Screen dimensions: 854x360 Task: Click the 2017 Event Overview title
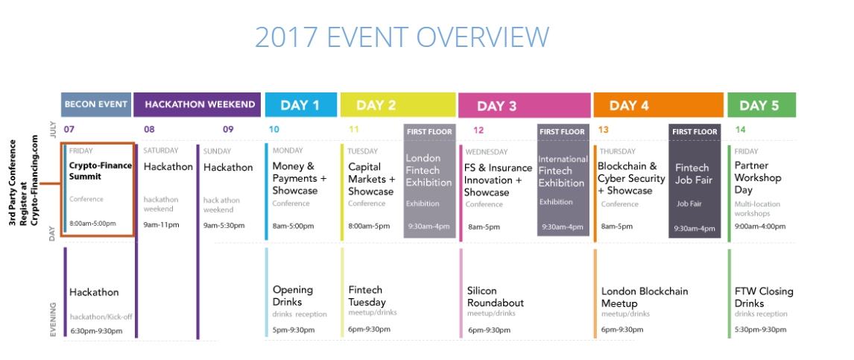(x=402, y=37)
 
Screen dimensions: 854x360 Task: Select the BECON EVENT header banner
(x=96, y=104)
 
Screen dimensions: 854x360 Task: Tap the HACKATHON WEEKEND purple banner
(x=197, y=104)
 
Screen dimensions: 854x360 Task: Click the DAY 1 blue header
(x=300, y=104)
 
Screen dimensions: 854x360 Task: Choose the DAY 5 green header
(x=762, y=104)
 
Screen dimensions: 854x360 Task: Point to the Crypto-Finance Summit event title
(x=100, y=171)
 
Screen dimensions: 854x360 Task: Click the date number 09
(x=228, y=130)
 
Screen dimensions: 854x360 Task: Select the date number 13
(x=604, y=130)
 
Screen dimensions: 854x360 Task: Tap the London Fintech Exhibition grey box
(x=430, y=181)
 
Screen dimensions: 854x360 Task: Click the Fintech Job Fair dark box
(x=695, y=181)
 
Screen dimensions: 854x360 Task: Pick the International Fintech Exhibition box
(x=563, y=180)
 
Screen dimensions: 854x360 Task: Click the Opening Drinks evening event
(x=293, y=296)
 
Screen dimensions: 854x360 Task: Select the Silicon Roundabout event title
(x=496, y=297)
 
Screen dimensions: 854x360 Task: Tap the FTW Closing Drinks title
(x=764, y=297)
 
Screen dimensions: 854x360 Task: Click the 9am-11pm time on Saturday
(x=161, y=224)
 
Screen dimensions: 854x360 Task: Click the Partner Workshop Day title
(x=758, y=177)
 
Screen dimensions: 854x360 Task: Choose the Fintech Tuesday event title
(x=367, y=296)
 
